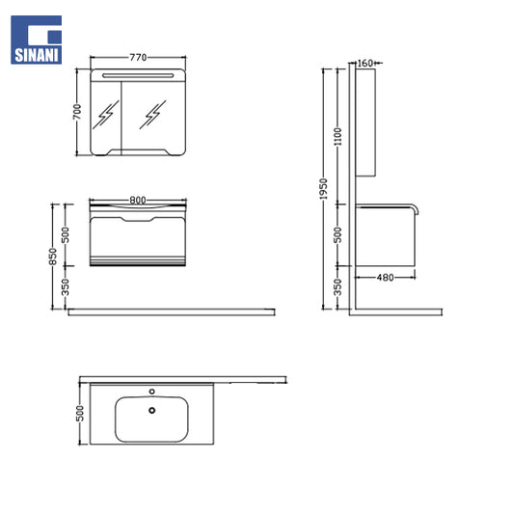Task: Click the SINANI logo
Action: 36,40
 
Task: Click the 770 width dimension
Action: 138,57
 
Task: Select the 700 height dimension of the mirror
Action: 77,112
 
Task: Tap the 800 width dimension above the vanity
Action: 138,200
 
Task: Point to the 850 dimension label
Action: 52,257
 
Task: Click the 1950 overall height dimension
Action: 324,189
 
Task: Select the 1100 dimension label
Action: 338,137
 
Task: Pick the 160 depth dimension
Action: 365,63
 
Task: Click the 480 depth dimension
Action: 385,278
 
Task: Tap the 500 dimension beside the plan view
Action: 80,414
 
